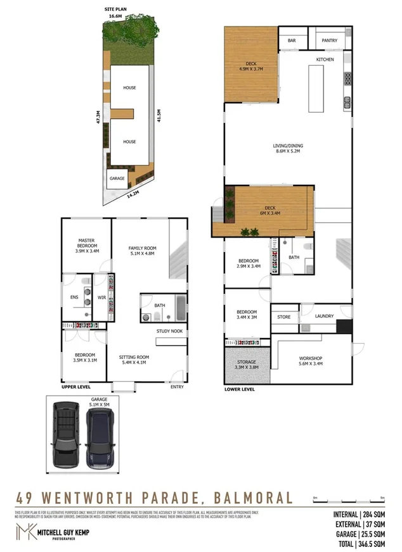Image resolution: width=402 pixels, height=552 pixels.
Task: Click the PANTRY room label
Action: click(x=329, y=41)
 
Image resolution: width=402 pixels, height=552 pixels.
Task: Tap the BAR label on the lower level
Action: click(x=292, y=41)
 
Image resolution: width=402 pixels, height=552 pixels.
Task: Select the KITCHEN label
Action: click(x=325, y=60)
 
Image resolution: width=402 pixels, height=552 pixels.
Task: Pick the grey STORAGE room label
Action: click(x=247, y=361)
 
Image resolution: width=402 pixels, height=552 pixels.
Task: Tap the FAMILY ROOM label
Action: click(x=142, y=248)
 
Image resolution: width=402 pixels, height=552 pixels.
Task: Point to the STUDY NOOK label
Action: click(x=169, y=331)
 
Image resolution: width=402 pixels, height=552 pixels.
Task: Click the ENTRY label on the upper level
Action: click(x=177, y=387)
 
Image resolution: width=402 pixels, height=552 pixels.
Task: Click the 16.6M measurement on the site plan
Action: click(x=115, y=15)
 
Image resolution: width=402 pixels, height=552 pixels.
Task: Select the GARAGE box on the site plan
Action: click(x=117, y=179)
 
